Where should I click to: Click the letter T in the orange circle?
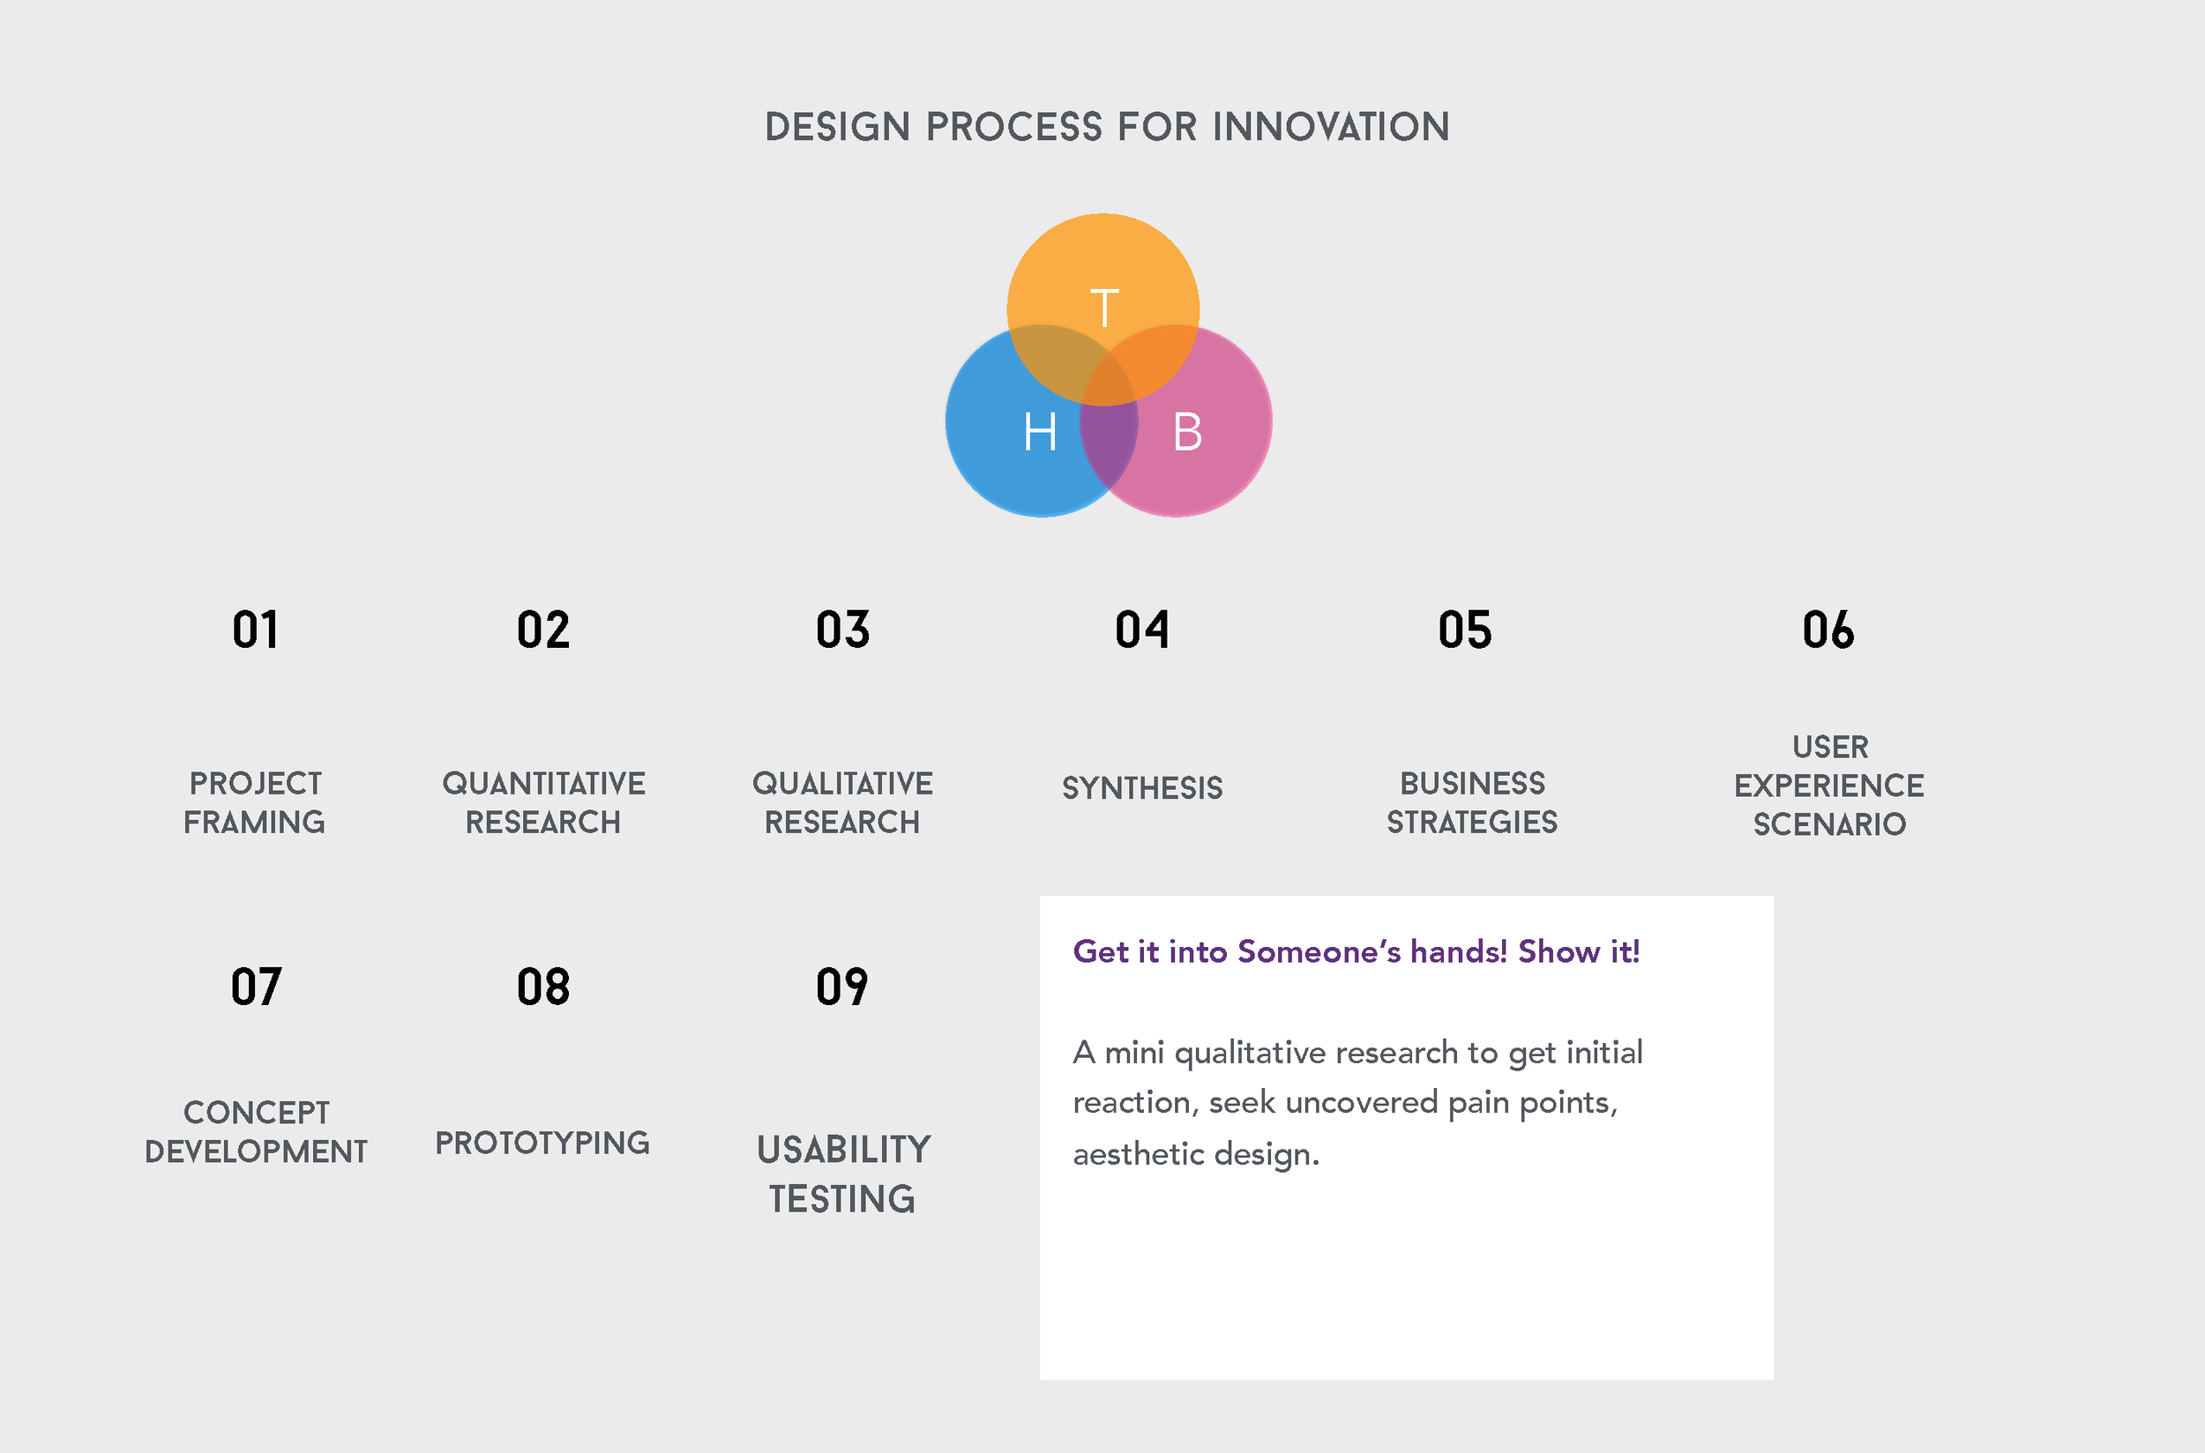pyautogui.click(x=1104, y=308)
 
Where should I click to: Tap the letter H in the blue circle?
pyautogui.click(x=1040, y=432)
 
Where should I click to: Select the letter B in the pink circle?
pyautogui.click(x=1187, y=432)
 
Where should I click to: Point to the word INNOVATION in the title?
pyautogui.click(x=1331, y=127)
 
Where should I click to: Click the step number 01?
pyautogui.click(x=255, y=630)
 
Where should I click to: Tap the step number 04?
pyautogui.click(x=1142, y=630)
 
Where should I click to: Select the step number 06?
pyautogui.click(x=1828, y=630)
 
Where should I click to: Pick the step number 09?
pyautogui.click(x=841, y=987)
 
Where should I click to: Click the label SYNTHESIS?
pyautogui.click(x=1142, y=787)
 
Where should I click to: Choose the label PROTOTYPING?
pyautogui.click(x=542, y=1143)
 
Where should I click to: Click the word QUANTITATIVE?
pyautogui.click(x=543, y=784)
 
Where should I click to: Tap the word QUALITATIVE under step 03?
pyautogui.click(x=842, y=784)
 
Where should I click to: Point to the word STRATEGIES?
pyautogui.click(x=1472, y=822)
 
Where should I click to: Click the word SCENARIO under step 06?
pyautogui.click(x=1828, y=823)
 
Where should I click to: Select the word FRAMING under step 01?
pyautogui.click(x=254, y=822)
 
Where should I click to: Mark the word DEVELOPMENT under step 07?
pyautogui.click(x=256, y=1151)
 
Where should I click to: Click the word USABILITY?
pyautogui.click(x=843, y=1150)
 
